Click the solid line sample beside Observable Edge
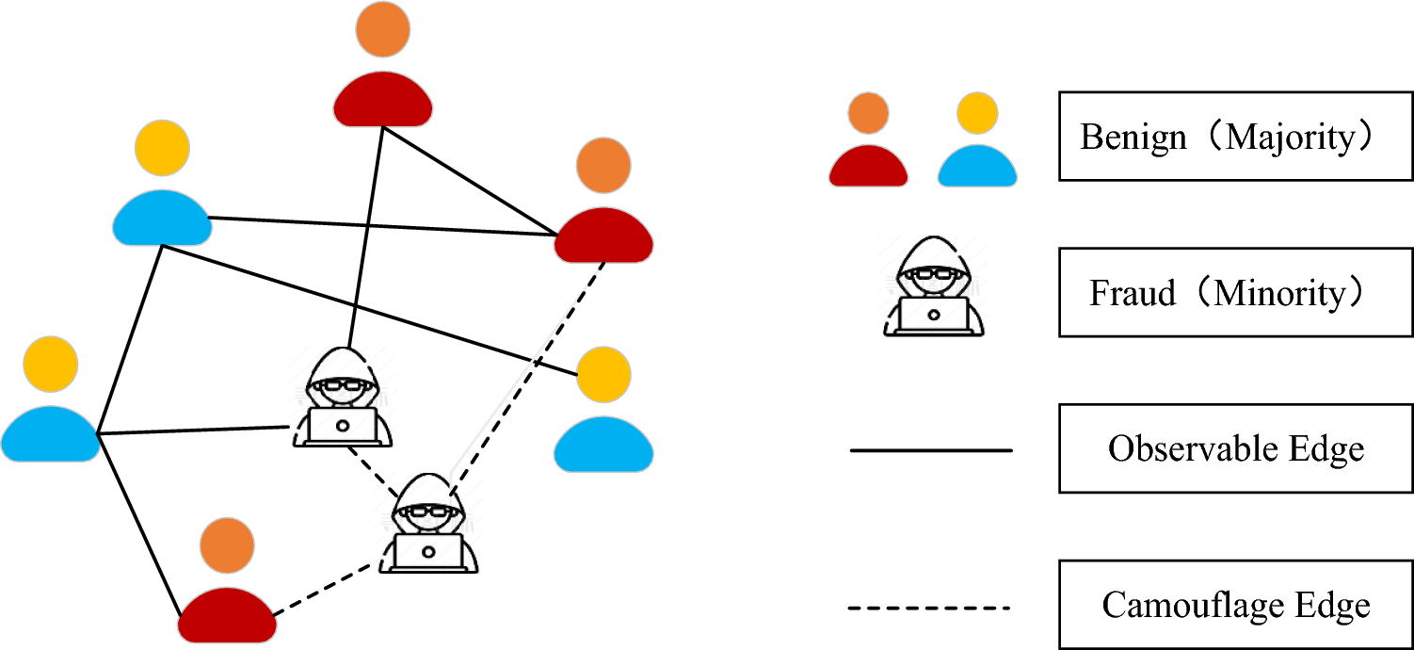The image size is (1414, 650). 931,450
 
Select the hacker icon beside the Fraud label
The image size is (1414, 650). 933,287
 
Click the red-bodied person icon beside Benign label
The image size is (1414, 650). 868,141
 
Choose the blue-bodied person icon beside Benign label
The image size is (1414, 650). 976,141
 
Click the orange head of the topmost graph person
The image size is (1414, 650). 383,30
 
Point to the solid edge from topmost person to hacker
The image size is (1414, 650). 367,236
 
